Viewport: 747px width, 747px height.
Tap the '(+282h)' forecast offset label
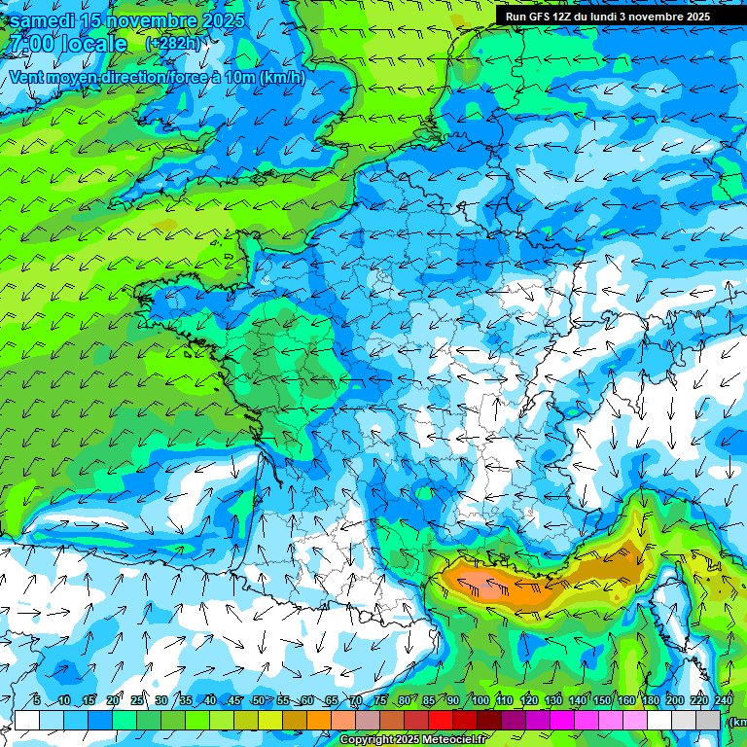point(173,44)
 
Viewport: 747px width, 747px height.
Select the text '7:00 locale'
point(68,44)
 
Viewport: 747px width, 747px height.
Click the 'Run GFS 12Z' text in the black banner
point(541,17)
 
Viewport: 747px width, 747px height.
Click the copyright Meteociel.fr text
point(413,740)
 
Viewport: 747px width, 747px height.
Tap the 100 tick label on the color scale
point(480,701)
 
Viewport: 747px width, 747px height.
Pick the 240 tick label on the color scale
point(723,701)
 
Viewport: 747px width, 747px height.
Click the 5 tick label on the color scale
point(36,701)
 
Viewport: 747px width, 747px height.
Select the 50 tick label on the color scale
point(258,701)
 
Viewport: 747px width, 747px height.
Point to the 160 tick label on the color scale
point(625,701)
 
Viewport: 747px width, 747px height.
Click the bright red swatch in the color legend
point(441,720)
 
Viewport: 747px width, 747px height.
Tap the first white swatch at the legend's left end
point(27,720)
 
